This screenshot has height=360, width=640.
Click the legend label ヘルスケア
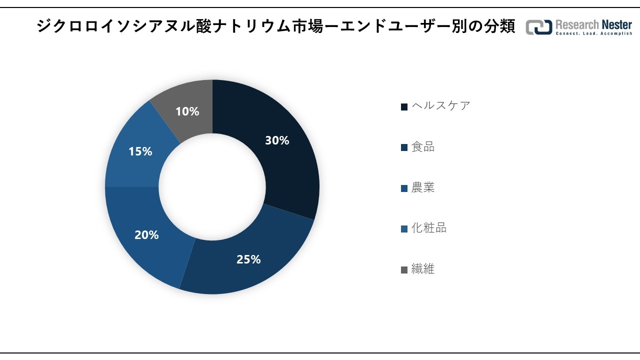441,105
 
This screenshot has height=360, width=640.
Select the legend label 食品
423,146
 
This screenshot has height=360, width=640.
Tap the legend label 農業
423,187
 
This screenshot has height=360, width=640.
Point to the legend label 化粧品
429,228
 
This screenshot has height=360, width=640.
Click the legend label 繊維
423,269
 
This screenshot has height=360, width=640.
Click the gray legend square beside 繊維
404,270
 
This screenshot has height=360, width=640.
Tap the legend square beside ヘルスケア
404,106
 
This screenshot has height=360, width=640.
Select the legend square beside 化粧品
404,229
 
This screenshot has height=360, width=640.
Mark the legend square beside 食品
404,147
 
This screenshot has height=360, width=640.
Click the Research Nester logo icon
539,27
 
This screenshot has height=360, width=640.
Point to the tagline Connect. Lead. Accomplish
594,33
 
